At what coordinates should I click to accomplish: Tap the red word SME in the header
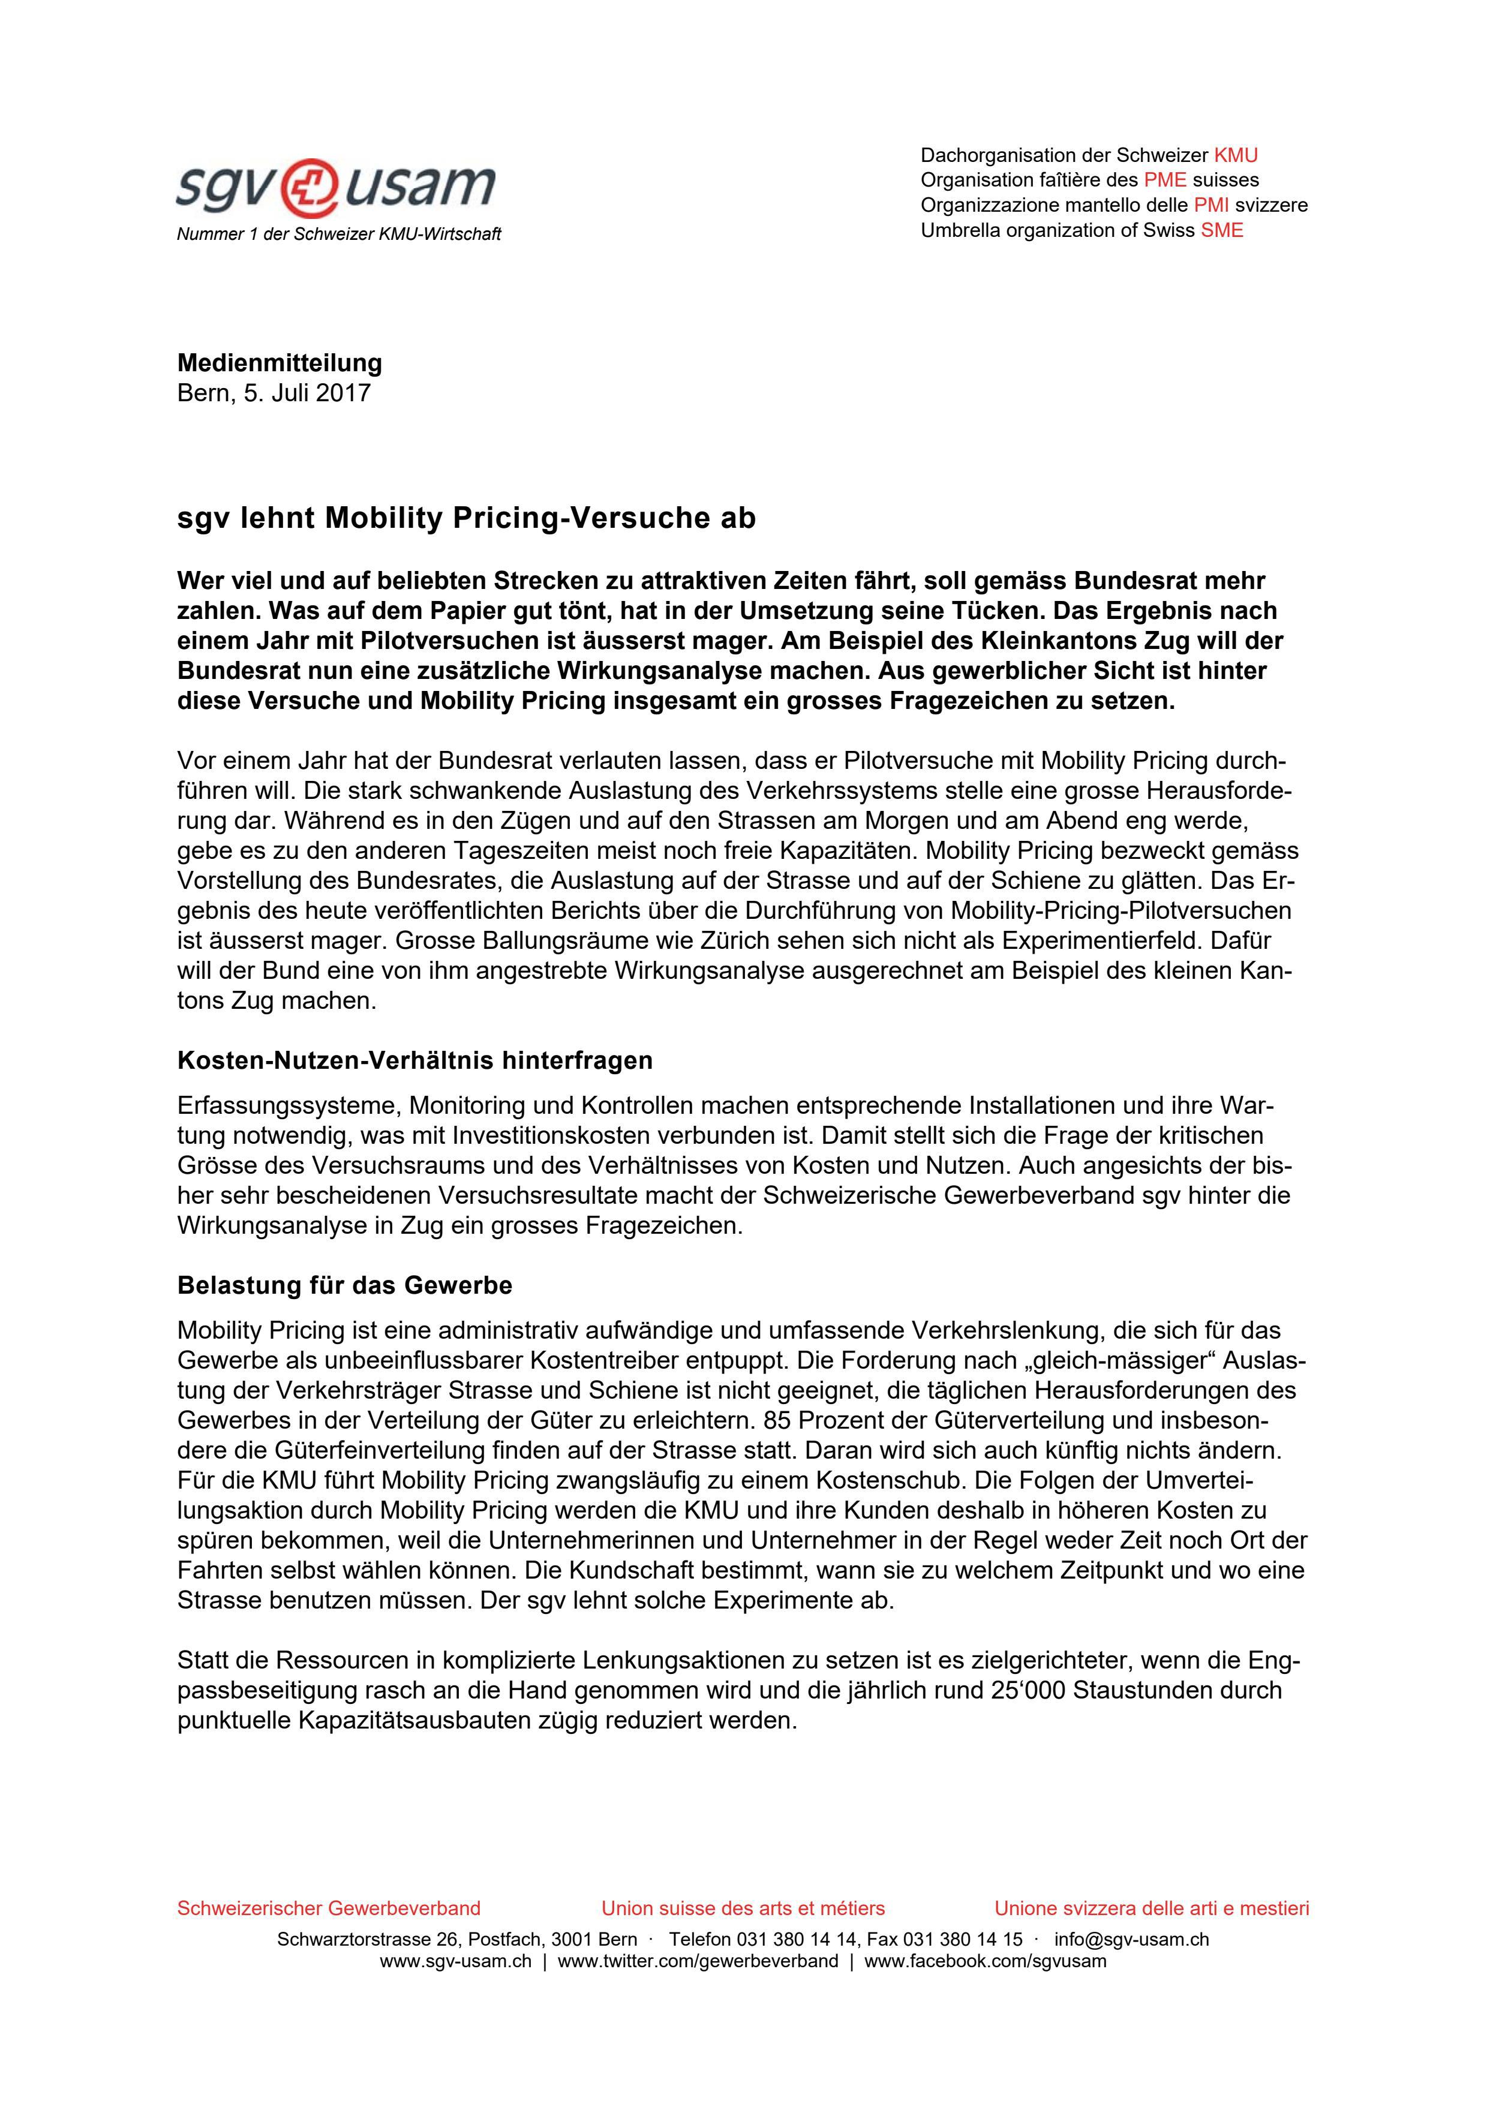coord(1222,230)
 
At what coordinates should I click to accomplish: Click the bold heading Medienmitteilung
coord(280,363)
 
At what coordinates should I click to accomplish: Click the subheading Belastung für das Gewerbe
coord(344,1285)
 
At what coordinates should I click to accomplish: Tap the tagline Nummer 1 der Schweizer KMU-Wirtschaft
coord(338,234)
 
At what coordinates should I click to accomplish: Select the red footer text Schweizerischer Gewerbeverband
coord(328,1908)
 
